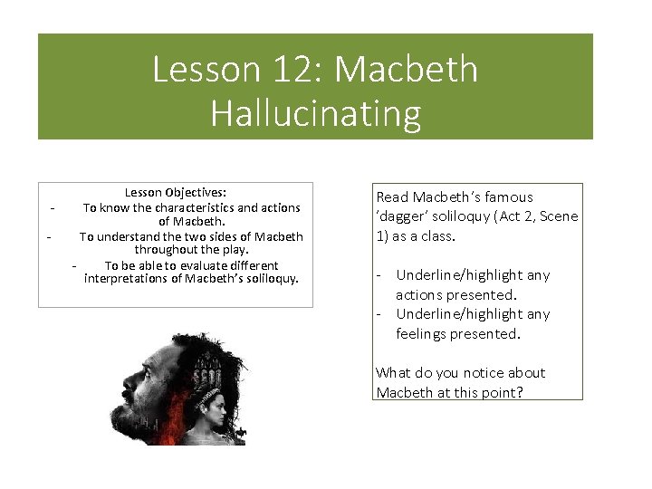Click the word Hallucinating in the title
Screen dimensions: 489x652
coord(315,114)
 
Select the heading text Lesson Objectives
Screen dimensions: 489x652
coord(176,192)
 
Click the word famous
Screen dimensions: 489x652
coord(508,197)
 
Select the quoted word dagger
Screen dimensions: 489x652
coord(405,216)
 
